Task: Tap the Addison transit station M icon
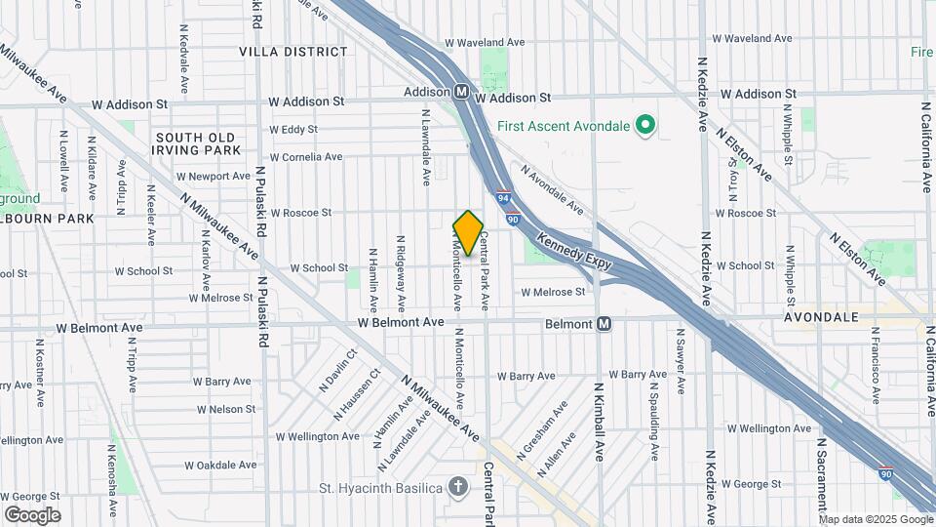click(462, 92)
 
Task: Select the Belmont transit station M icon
click(604, 323)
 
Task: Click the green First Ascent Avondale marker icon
click(643, 125)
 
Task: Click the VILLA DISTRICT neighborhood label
click(293, 51)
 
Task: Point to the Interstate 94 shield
click(503, 197)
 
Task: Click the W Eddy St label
click(293, 129)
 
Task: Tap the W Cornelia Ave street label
click(306, 156)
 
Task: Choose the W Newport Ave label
click(214, 177)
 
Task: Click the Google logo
click(32, 514)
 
